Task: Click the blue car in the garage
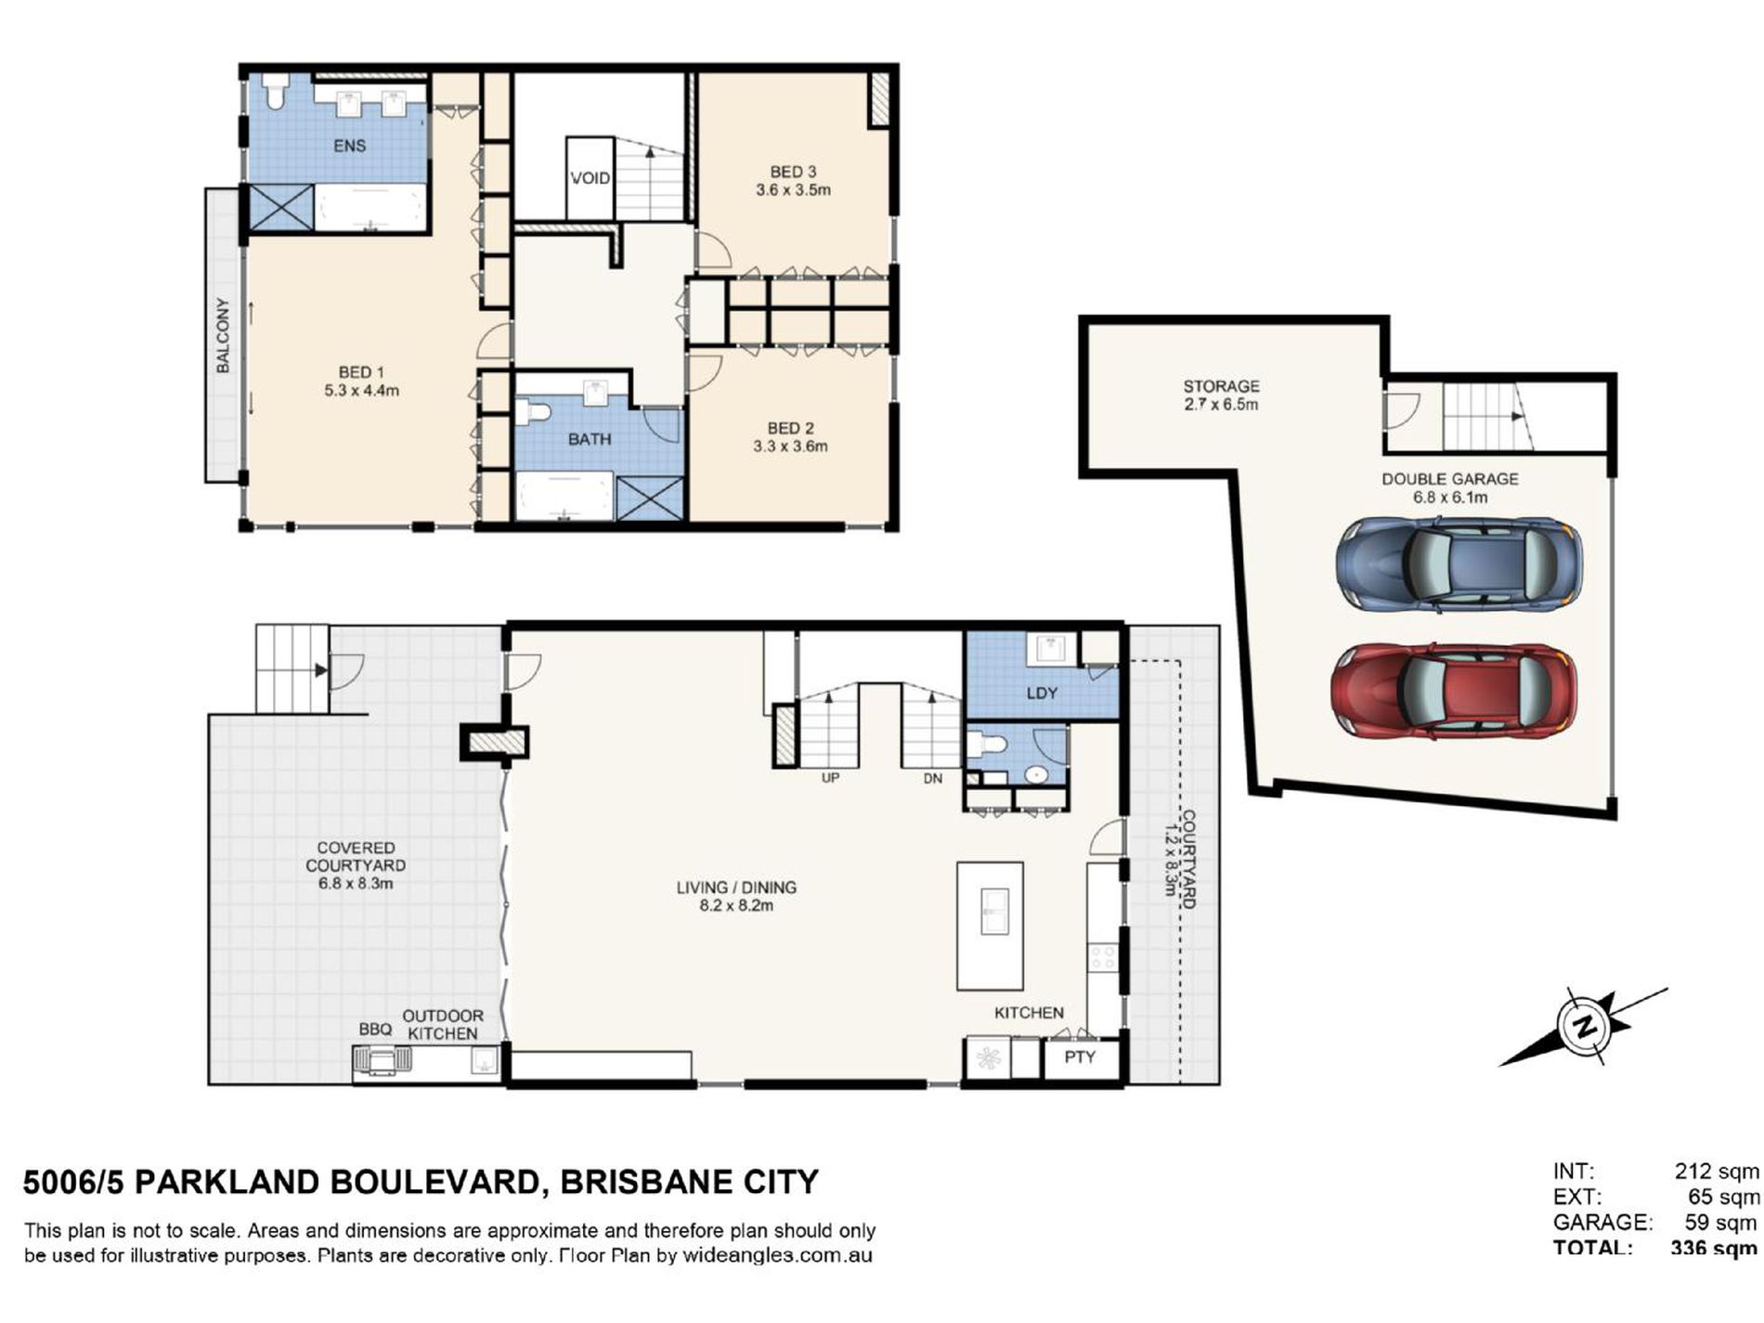coord(1459,564)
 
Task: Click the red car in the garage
coord(1453,692)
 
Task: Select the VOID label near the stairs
coord(590,178)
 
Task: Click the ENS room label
coord(350,146)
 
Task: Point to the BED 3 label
coord(793,172)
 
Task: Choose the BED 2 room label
coord(790,428)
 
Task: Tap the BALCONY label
coord(223,335)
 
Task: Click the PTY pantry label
coord(1080,1057)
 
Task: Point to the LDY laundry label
coord(1042,693)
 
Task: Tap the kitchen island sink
coord(993,912)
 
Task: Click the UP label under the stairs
coord(830,778)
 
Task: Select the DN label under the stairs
coord(932,778)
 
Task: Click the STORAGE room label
coord(1221,386)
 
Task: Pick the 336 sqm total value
coord(1713,1249)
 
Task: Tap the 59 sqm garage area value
coord(1719,1222)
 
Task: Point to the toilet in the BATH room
coord(533,411)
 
